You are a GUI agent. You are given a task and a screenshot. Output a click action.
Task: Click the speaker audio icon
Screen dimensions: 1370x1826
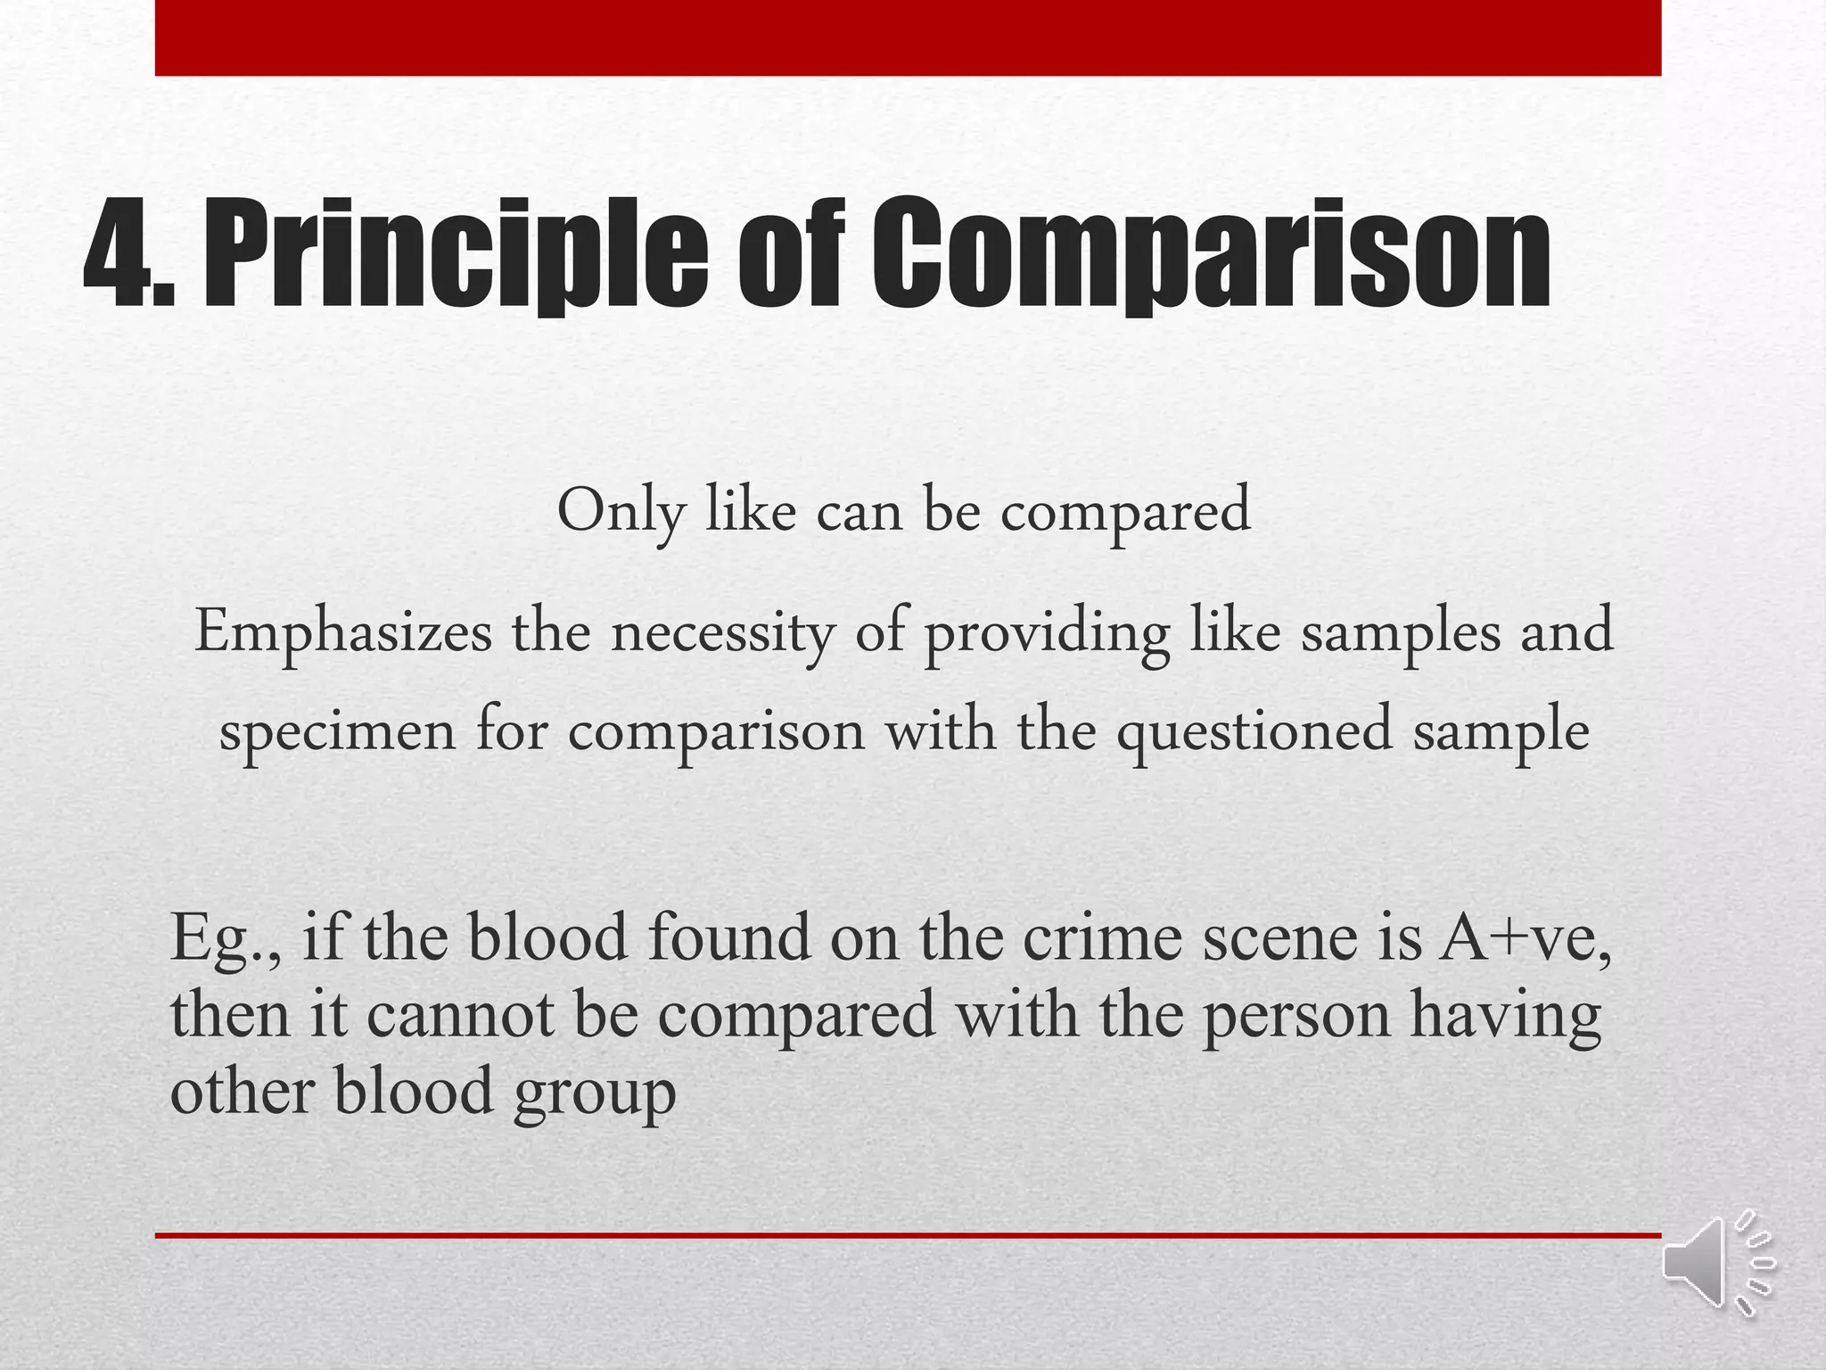pos(1715,1263)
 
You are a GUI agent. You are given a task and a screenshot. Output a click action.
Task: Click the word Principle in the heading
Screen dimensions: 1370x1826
pos(455,253)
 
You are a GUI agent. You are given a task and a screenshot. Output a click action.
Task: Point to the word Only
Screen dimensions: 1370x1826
pos(621,512)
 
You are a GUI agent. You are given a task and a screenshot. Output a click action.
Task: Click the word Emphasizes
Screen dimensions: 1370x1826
pos(343,632)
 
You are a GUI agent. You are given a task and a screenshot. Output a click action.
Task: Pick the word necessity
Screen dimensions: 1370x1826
pos(722,632)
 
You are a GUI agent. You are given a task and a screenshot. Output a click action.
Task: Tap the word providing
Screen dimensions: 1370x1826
pos(1046,632)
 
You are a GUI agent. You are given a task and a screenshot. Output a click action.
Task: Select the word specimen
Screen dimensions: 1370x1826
pos(337,730)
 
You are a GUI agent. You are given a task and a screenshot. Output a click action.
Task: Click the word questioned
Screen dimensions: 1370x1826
pos(1254,730)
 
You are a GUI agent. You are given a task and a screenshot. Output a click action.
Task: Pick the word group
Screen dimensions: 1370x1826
pos(594,1094)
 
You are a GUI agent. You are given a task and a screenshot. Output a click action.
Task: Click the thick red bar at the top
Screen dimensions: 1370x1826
pos(908,37)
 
